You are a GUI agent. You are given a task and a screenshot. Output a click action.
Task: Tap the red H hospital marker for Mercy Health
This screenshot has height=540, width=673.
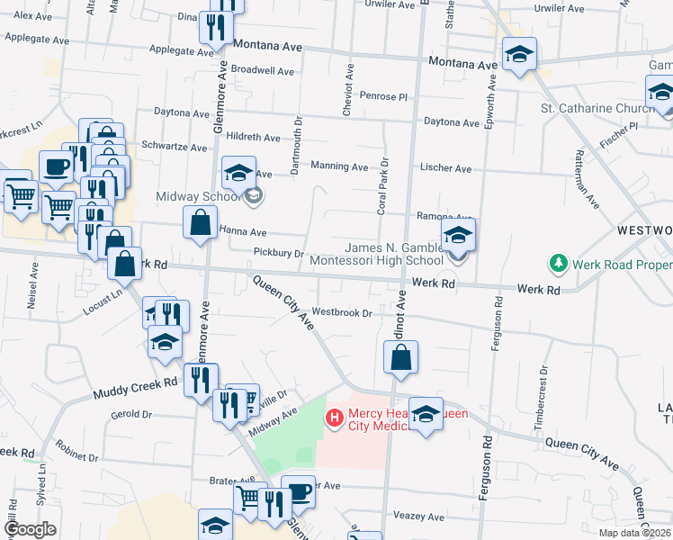coord(334,418)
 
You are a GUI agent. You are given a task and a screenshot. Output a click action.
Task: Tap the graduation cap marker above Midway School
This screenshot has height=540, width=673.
coord(238,171)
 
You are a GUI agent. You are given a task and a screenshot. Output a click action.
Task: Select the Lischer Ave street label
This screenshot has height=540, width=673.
coord(445,168)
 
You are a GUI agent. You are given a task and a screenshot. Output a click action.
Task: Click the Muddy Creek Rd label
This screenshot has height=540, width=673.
coord(135,389)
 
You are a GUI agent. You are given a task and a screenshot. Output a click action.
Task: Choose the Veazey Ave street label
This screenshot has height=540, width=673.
coord(418,517)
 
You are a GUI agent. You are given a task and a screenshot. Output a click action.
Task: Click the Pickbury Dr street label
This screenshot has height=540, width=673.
coord(279,254)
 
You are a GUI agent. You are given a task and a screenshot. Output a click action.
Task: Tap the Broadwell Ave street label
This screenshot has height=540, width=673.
coord(263,70)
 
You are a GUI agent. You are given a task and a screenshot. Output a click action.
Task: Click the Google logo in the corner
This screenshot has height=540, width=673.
coord(31,529)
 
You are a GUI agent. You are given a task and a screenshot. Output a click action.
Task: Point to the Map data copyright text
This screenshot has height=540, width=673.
coord(634,533)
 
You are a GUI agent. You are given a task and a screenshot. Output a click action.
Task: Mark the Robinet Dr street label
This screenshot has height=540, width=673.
coord(74,446)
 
